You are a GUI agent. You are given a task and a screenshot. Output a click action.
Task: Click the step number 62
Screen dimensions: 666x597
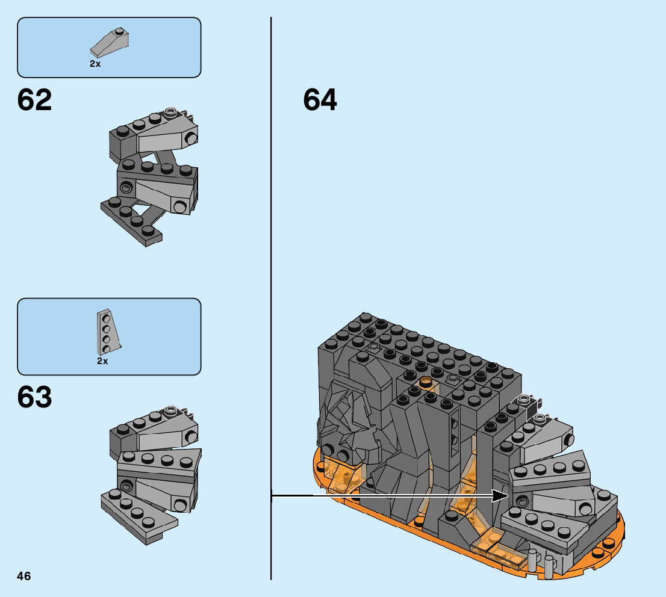click(35, 100)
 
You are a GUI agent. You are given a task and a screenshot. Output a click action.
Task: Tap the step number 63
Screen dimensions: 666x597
click(35, 398)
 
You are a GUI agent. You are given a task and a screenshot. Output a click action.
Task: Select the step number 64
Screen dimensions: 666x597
click(320, 100)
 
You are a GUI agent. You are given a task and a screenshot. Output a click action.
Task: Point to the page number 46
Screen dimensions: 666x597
click(24, 576)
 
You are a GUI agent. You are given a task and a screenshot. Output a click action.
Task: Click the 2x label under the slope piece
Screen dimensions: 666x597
click(95, 63)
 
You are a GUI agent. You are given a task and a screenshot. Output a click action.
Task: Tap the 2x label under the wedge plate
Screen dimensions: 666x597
click(102, 361)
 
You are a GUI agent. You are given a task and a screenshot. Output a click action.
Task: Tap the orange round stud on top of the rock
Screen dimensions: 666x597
click(426, 381)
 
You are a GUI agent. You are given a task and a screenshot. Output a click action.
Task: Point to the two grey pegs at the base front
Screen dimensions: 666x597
click(540, 562)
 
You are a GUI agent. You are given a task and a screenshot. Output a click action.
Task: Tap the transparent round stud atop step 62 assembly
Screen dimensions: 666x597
click(171, 111)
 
